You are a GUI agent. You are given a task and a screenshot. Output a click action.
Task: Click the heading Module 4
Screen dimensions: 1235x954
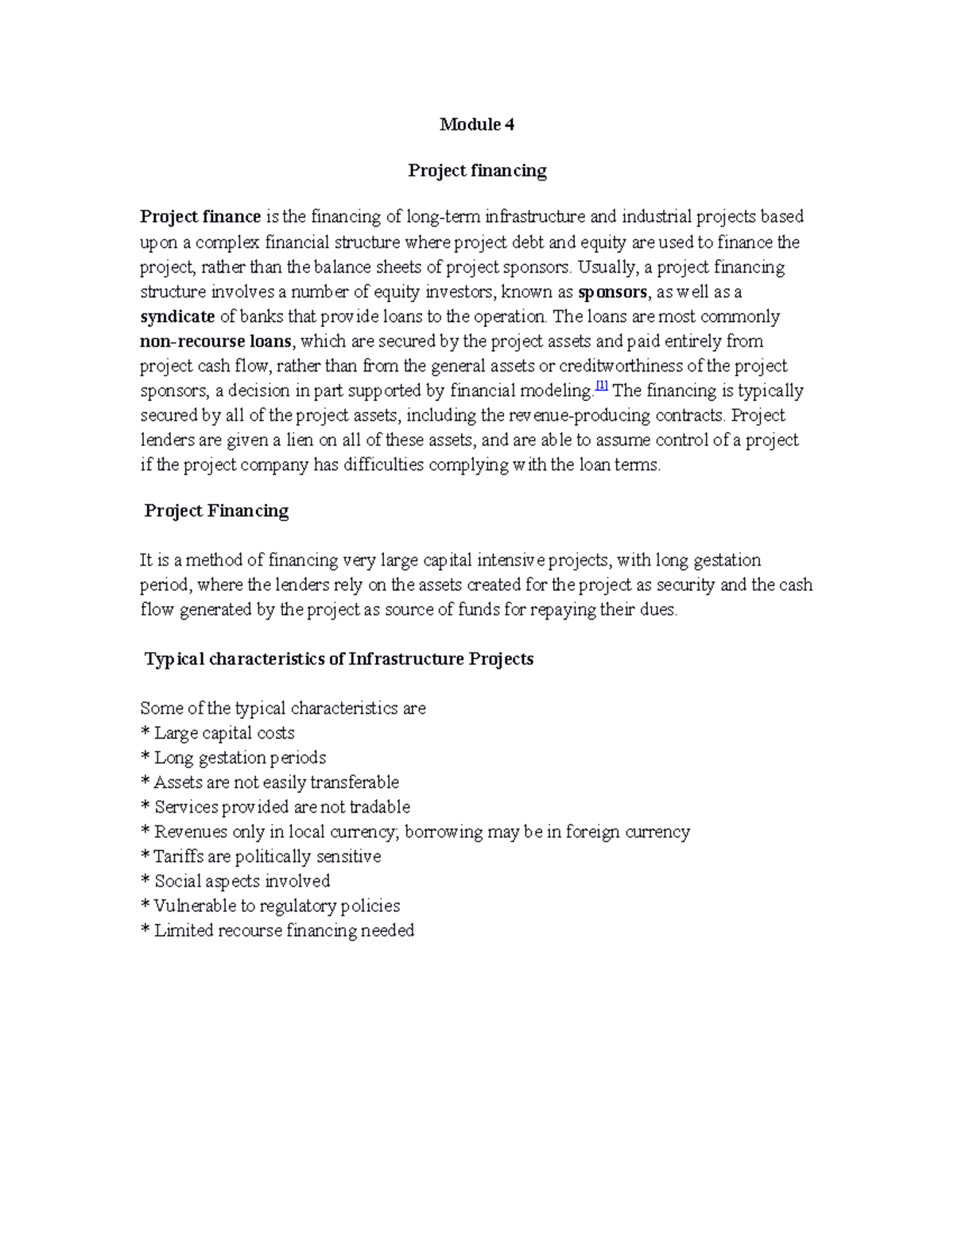click(x=477, y=124)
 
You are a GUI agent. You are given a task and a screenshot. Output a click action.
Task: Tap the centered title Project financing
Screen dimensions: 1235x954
click(x=477, y=171)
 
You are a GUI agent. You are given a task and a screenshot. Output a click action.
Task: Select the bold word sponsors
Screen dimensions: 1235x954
click(x=612, y=292)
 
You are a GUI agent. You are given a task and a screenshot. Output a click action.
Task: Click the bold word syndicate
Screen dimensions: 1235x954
click(x=177, y=317)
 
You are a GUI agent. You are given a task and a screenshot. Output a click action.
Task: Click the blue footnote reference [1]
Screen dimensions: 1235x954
click(x=601, y=386)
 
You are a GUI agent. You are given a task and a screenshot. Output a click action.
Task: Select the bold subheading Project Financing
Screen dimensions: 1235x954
click(x=216, y=511)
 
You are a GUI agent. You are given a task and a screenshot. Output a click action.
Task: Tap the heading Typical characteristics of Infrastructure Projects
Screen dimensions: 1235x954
click(x=339, y=659)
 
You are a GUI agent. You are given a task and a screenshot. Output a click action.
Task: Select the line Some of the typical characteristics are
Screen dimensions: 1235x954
click(x=283, y=709)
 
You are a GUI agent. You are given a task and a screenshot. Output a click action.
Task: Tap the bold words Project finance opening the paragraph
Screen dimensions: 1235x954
click(x=200, y=217)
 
